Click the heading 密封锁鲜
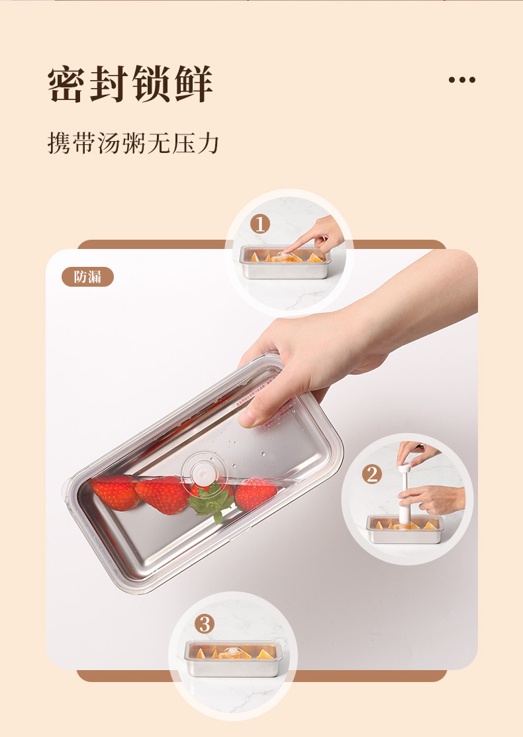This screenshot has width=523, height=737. (130, 83)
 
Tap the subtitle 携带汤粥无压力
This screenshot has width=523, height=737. (133, 143)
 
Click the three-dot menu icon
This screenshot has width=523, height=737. (461, 79)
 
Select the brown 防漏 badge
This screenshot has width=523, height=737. (88, 277)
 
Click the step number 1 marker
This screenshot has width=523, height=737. (260, 224)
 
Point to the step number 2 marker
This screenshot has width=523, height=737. (371, 474)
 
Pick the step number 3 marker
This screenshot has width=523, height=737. (205, 624)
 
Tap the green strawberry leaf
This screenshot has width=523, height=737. (213, 501)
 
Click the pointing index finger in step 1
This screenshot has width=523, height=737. (305, 242)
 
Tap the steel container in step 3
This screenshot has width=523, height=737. (234, 658)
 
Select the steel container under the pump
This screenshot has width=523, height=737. (404, 530)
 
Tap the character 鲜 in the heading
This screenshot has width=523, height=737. (193, 83)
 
